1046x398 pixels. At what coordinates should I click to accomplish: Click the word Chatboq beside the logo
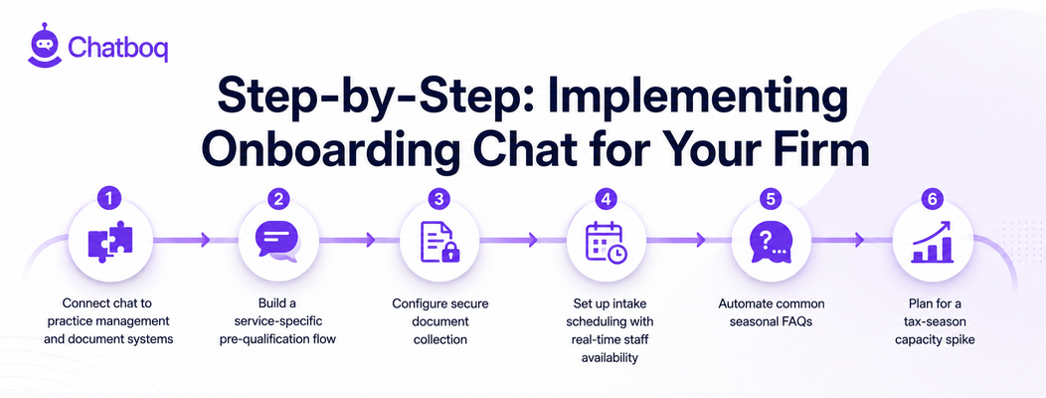click(118, 48)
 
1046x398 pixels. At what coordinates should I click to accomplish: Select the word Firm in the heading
click(829, 151)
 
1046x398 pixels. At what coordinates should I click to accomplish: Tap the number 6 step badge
click(933, 198)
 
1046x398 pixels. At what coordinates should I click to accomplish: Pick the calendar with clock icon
click(606, 242)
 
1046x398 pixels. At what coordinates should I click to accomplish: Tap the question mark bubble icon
click(770, 241)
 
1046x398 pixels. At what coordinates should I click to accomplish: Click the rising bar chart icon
click(934, 241)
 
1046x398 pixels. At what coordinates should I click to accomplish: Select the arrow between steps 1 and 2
click(181, 239)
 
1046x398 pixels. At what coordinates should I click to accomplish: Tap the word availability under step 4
click(610, 358)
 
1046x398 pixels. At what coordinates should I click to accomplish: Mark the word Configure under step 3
click(416, 303)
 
